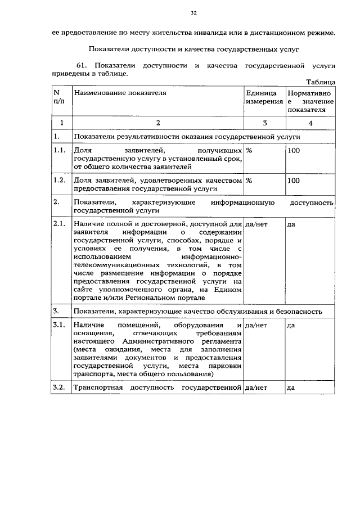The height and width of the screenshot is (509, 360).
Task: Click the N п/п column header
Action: (x=58, y=97)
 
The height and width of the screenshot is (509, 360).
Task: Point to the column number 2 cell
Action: (x=158, y=123)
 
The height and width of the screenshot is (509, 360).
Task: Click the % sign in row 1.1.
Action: (x=249, y=151)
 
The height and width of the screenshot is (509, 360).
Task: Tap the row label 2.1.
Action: (x=59, y=224)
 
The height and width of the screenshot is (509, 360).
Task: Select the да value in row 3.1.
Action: (x=291, y=326)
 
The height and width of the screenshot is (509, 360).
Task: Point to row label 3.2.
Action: (x=59, y=388)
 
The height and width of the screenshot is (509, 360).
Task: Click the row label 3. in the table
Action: (x=56, y=310)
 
